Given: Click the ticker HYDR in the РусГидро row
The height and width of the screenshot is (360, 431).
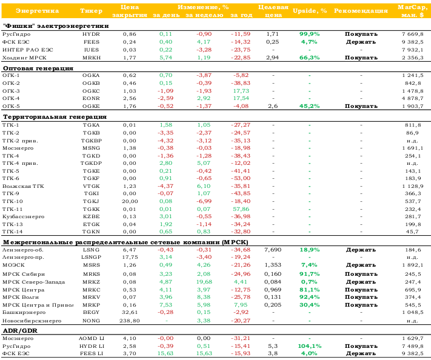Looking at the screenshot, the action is (91, 34).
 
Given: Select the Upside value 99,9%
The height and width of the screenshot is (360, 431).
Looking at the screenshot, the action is (310, 34).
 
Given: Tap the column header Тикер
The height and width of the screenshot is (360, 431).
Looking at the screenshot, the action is (92, 11).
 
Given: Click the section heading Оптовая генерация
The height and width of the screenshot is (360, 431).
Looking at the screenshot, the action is (38, 68).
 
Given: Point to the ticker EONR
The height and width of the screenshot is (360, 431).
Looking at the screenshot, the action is (91, 98).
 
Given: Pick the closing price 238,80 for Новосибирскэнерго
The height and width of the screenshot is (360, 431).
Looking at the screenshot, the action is (130, 321).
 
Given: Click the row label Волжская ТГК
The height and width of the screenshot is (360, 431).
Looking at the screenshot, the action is (24, 186).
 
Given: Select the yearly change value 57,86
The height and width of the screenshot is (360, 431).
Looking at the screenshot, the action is (241, 209).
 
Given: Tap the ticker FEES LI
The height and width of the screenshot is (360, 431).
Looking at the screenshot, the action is (92, 354).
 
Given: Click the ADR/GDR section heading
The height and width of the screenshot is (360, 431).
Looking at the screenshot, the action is (20, 330).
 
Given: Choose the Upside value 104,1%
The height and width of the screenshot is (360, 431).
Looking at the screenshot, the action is (310, 346).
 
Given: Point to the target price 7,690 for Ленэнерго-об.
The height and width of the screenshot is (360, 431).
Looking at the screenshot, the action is (273, 250).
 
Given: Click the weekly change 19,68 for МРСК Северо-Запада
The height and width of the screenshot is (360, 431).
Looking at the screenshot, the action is (204, 282).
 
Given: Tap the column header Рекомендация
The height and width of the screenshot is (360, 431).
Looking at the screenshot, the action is (361, 11).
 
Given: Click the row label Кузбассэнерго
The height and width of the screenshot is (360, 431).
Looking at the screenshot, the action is (24, 216).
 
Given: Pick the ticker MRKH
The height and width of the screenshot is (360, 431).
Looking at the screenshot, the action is (92, 58).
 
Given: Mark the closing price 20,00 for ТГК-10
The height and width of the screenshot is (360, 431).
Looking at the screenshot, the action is (130, 201).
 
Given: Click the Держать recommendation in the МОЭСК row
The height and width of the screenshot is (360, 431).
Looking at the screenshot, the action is (361, 265).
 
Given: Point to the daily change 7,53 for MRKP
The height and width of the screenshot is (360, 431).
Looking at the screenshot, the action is (165, 305).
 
